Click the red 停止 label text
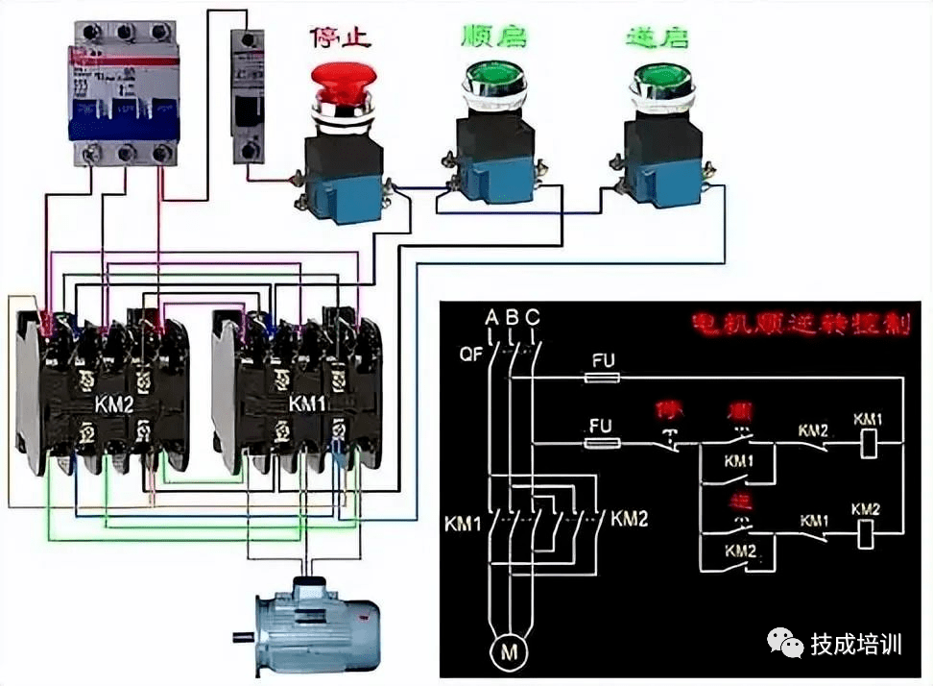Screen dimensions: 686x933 [340, 37]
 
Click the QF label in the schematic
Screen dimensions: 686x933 [471, 353]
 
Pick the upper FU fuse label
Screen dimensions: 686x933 [602, 360]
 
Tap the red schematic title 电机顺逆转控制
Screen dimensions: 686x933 [801, 323]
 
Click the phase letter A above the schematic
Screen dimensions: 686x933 [491, 317]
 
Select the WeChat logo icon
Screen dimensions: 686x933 [786, 643]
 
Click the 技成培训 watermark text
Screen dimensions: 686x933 [856, 644]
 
